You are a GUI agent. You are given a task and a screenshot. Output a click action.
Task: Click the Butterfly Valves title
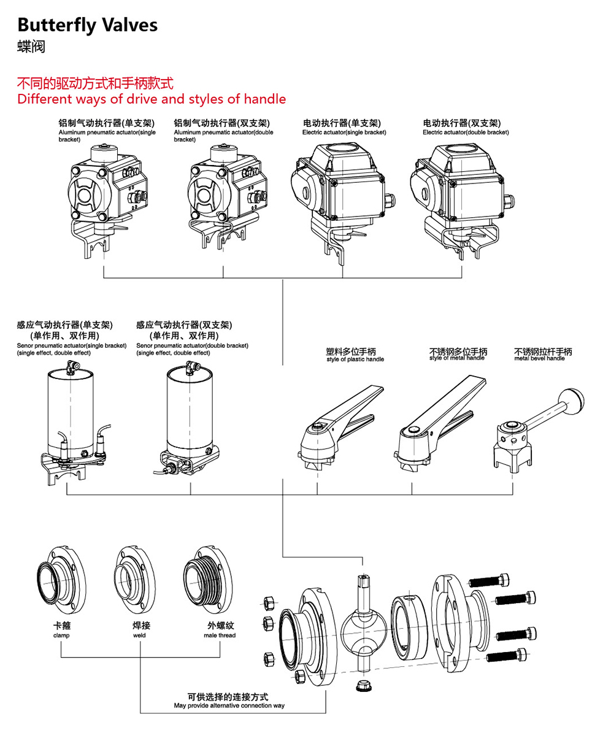[87, 25]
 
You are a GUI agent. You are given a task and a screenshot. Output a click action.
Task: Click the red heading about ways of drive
[152, 99]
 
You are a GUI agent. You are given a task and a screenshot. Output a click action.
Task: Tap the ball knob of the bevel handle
[576, 399]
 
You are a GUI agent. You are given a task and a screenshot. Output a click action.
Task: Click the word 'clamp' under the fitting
[61, 636]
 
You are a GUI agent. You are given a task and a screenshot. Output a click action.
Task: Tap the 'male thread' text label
[220, 636]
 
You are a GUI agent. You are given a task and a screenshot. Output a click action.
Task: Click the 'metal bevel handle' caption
[539, 358]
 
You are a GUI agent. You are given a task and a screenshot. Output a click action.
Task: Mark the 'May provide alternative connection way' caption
[229, 706]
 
